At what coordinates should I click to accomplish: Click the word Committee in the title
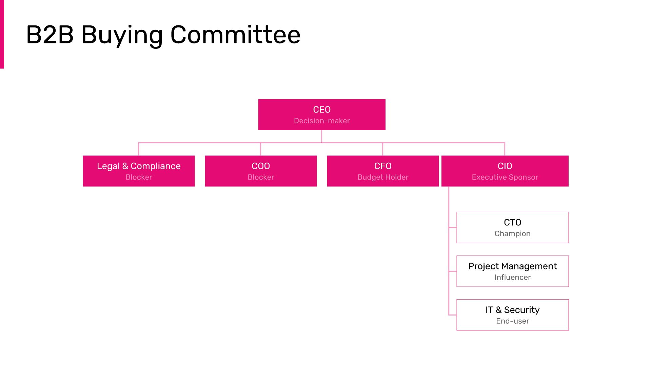click(x=235, y=35)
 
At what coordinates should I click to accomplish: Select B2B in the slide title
click(x=50, y=35)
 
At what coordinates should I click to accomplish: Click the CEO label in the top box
click(x=322, y=109)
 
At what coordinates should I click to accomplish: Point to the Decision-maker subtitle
click(x=322, y=121)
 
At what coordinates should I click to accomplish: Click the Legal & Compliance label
click(x=139, y=166)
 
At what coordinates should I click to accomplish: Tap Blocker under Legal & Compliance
click(x=139, y=177)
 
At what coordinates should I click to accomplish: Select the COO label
click(x=261, y=166)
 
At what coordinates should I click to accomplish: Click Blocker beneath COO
click(x=261, y=177)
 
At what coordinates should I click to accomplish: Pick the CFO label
click(x=383, y=166)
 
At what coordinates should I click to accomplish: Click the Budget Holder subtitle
click(x=383, y=177)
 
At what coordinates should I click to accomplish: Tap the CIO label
click(x=505, y=166)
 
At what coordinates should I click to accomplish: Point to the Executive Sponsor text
click(x=505, y=177)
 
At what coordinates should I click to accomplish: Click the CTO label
click(x=512, y=222)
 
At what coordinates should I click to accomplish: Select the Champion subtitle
click(x=512, y=233)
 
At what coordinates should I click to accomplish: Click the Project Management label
click(x=512, y=266)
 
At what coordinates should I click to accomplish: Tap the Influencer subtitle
click(x=512, y=277)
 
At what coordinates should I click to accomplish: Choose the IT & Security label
click(x=512, y=310)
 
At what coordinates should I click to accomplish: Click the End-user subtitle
click(x=512, y=321)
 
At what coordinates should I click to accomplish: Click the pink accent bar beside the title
click(x=2, y=34)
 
